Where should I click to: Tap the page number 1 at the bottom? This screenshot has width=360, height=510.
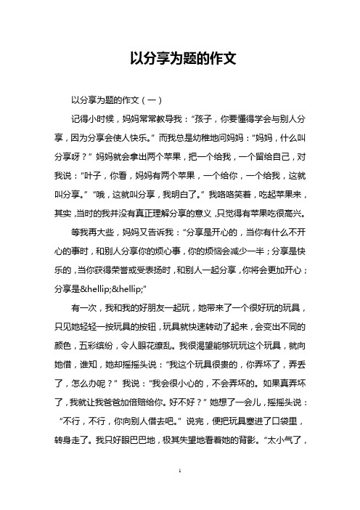pos(180,491)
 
